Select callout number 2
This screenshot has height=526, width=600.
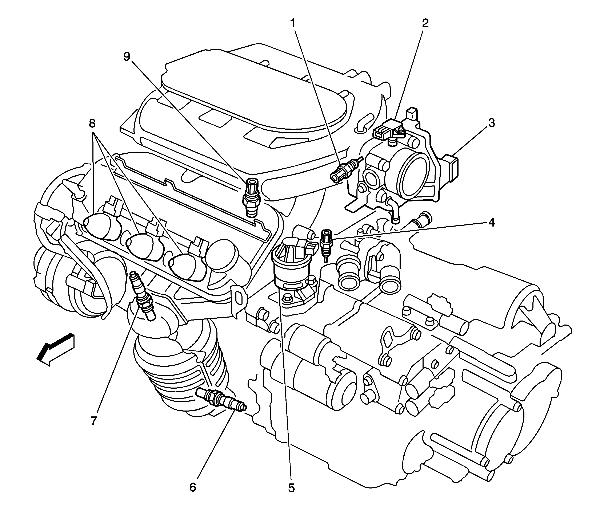pos(425,23)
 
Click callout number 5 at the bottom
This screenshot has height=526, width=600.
pos(291,488)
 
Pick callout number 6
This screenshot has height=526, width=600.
pos(192,487)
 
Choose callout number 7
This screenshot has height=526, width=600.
pos(93,421)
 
